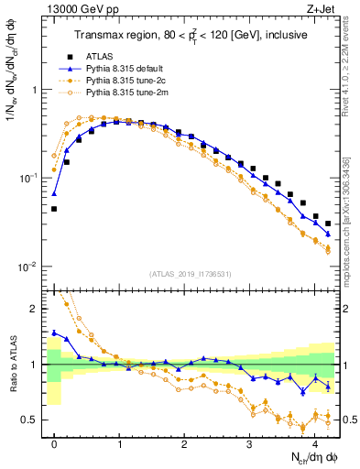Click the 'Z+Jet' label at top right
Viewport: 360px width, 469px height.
coord(323,10)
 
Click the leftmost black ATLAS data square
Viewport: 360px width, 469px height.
coord(54,209)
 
